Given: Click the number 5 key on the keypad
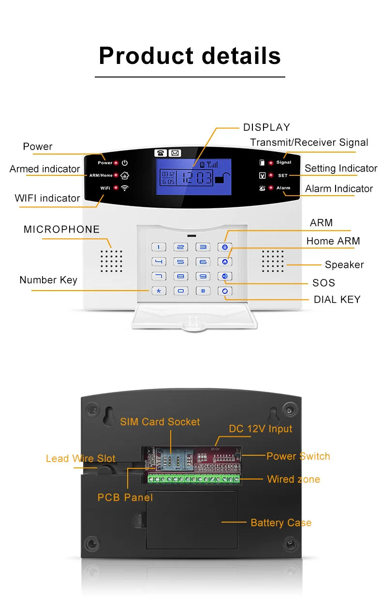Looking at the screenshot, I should [181, 262].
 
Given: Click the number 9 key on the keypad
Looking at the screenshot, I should [203, 277].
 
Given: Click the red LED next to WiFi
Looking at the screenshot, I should [117, 188].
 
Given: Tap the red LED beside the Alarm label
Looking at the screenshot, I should [271, 188].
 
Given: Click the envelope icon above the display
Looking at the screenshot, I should [175, 153].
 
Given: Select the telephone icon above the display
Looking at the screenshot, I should [161, 153].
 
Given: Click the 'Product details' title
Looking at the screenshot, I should [190, 56].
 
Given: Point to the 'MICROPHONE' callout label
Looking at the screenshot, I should [61, 230].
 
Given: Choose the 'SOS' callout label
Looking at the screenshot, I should [323, 283].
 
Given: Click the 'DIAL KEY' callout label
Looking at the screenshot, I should [337, 299].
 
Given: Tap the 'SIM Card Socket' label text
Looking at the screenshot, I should [160, 422].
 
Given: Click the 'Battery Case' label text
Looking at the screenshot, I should [281, 523].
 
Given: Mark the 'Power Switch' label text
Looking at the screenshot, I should [298, 456].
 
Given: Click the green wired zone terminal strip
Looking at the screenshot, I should [193, 479].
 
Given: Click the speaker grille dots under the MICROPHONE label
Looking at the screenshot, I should [111, 261].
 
